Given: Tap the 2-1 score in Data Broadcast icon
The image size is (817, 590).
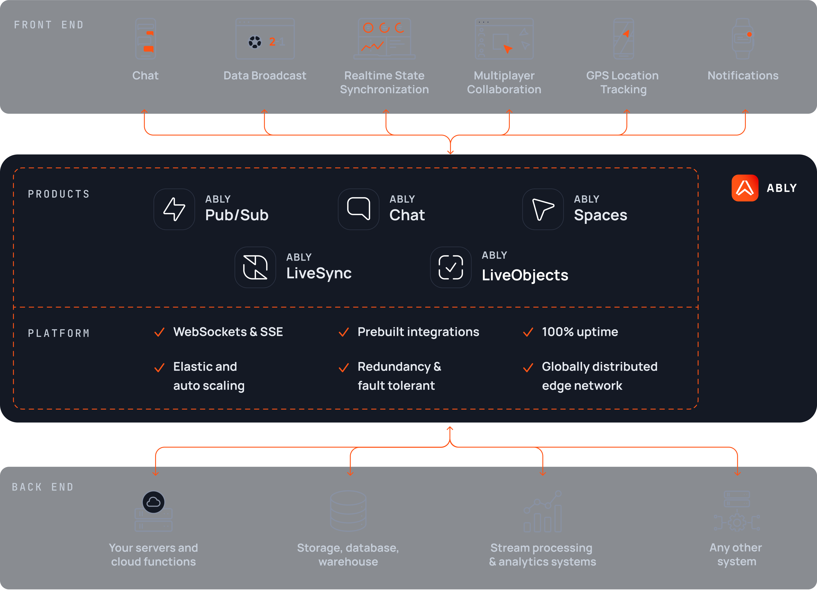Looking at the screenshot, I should (x=277, y=42).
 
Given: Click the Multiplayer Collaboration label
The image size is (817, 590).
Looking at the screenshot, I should (x=504, y=82).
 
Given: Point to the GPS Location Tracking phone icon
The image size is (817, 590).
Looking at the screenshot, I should (x=624, y=39).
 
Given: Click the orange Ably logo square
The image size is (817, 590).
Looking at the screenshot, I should (x=745, y=188).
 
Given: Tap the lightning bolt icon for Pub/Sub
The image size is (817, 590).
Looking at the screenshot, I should (x=174, y=209).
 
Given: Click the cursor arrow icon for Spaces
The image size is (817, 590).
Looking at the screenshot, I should (x=543, y=209).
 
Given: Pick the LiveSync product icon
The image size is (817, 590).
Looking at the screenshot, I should (x=255, y=267).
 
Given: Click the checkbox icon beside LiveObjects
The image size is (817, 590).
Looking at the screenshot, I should (x=451, y=267).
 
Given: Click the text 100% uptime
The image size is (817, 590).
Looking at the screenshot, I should (x=580, y=332).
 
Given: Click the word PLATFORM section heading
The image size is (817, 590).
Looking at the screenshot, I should (x=59, y=333).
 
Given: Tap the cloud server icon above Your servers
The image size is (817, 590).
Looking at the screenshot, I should (x=153, y=511).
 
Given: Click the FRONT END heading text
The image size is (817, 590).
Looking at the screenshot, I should (x=49, y=25).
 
